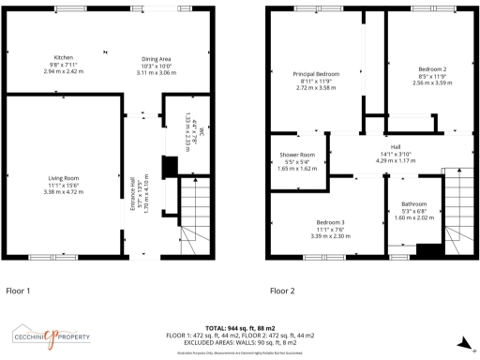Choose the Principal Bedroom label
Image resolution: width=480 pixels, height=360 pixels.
click(316, 74)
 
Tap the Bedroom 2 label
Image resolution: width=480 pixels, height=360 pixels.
click(432, 69)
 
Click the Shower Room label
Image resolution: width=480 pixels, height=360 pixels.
click(296, 154)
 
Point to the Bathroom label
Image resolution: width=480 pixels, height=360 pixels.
click(414, 203)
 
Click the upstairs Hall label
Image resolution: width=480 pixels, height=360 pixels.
click(396, 147)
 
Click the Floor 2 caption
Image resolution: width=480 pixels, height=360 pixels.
click(283, 291)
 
